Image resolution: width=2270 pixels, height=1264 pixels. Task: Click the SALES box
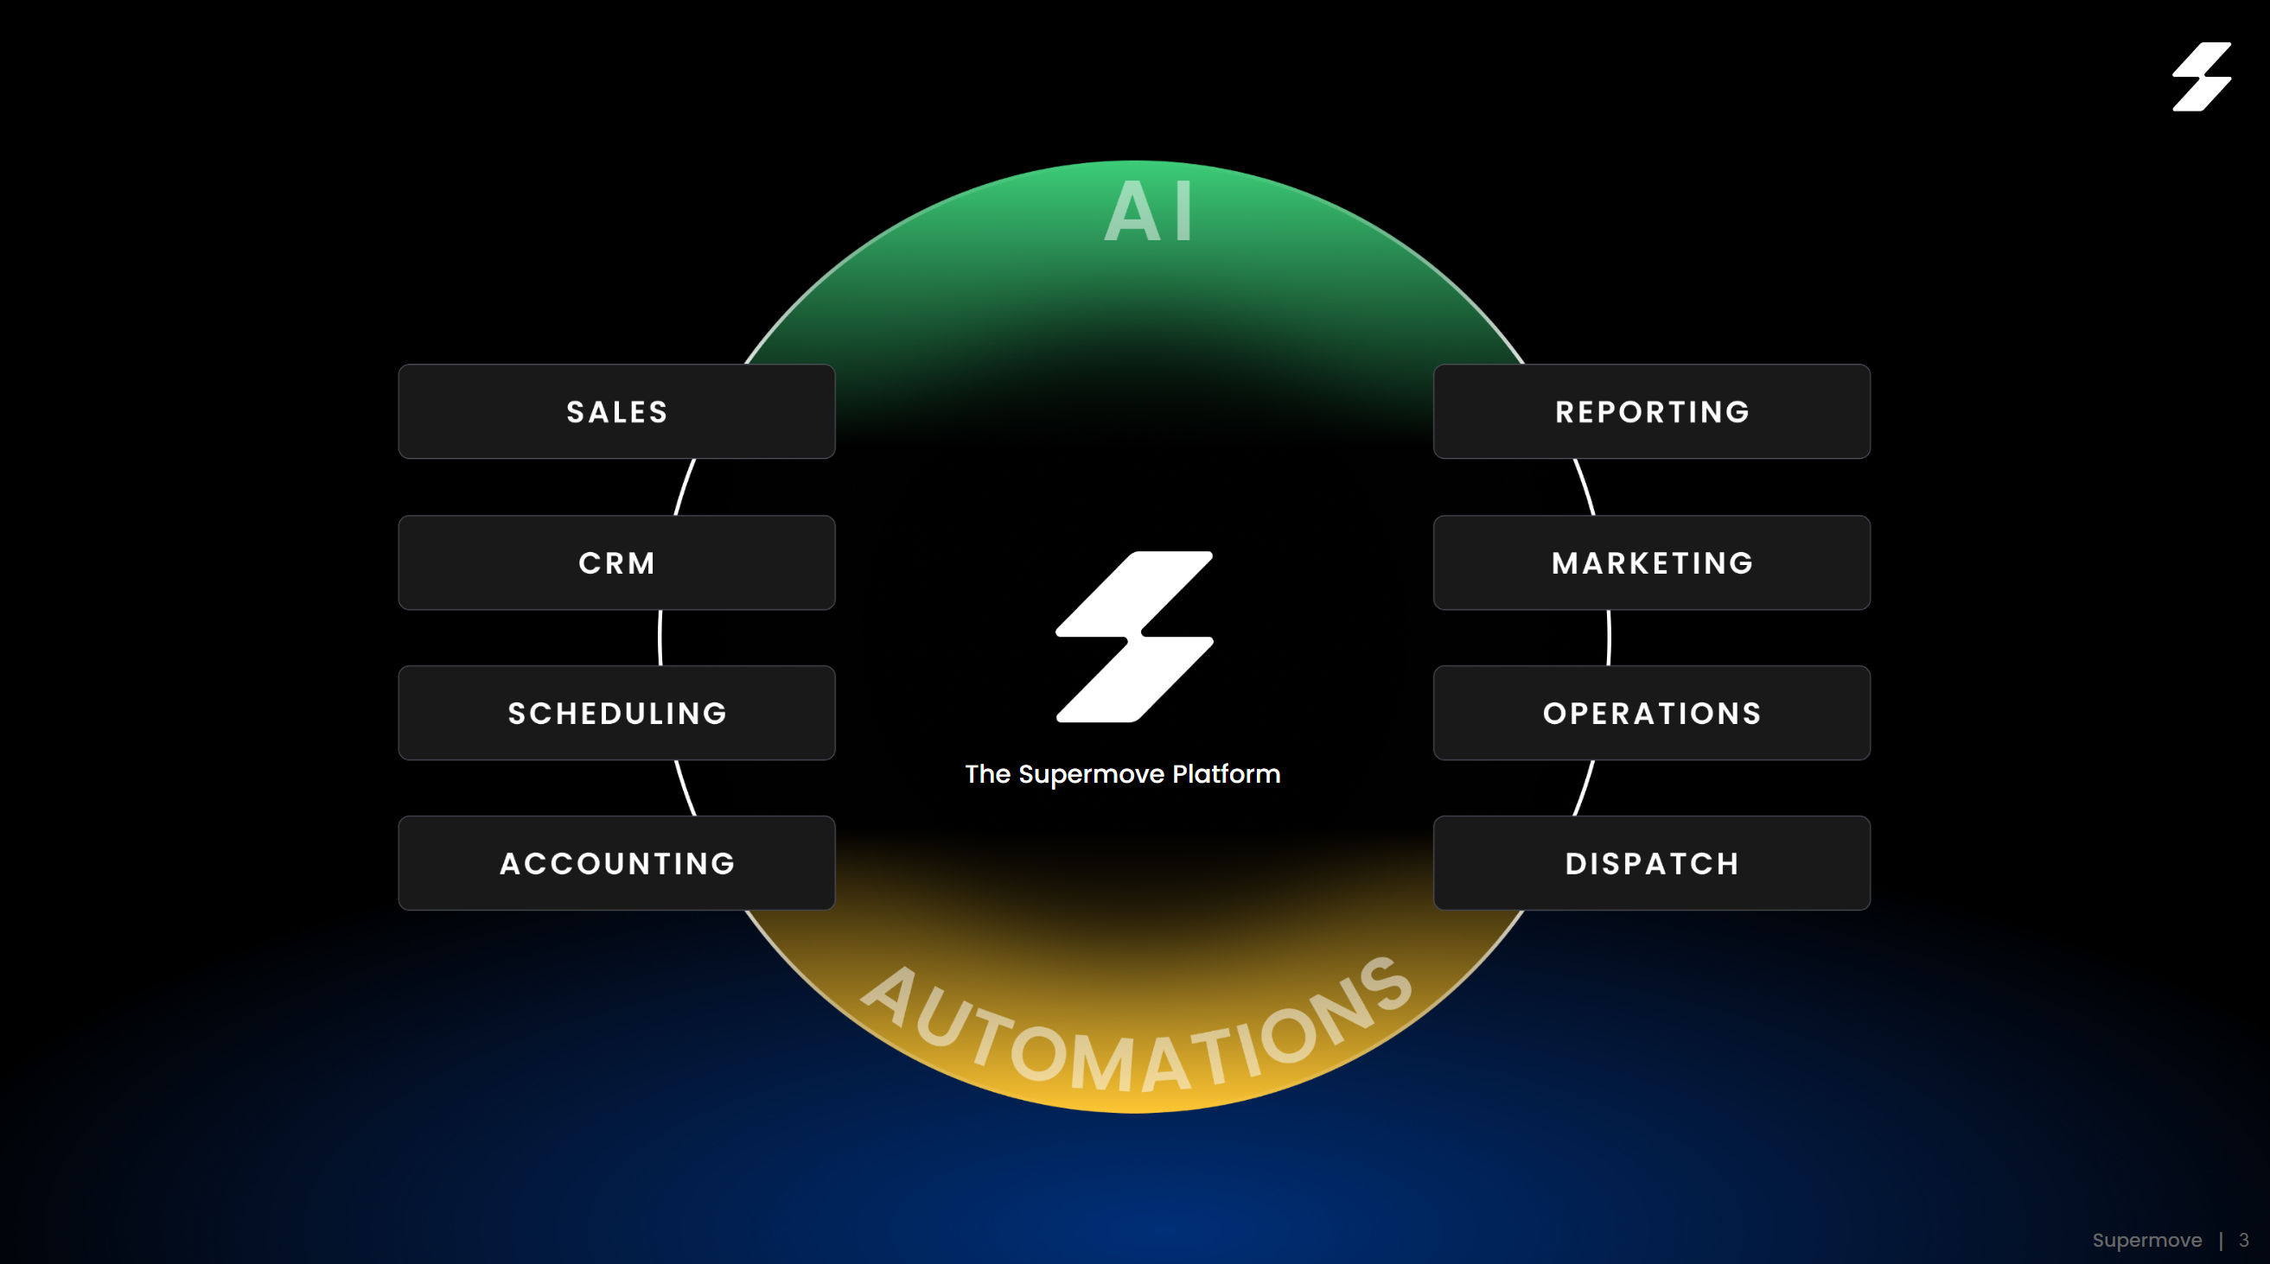click(x=616, y=411)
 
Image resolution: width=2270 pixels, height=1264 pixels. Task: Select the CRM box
click(x=616, y=562)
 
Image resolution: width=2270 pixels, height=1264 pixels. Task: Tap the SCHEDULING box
click(x=616, y=713)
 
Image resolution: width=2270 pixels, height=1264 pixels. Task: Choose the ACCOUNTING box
click(x=616, y=863)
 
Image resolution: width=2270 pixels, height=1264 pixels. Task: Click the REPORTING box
click(x=1651, y=411)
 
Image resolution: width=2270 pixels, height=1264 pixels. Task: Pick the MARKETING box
click(x=1651, y=562)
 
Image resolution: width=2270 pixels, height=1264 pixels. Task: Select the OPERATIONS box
click(x=1651, y=713)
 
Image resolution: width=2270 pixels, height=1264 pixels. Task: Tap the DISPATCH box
click(x=1651, y=863)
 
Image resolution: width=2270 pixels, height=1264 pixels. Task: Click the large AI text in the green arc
click(x=1149, y=212)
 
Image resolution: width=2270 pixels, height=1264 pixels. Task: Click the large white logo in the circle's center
click(x=1134, y=636)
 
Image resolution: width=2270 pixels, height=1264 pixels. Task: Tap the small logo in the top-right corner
click(x=2201, y=77)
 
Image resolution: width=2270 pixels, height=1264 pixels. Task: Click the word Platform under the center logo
click(x=1226, y=774)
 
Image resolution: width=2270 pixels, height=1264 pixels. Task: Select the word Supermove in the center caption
click(x=1091, y=774)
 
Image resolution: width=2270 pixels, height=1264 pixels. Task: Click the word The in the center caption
click(x=987, y=774)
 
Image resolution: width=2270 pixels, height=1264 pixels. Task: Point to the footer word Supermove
click(x=2146, y=1240)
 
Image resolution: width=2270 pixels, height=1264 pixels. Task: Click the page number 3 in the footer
click(x=2243, y=1240)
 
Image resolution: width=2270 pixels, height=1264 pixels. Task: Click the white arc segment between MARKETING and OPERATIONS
click(x=1609, y=638)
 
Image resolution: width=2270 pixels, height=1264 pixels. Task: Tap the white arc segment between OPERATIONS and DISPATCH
click(x=1585, y=788)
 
